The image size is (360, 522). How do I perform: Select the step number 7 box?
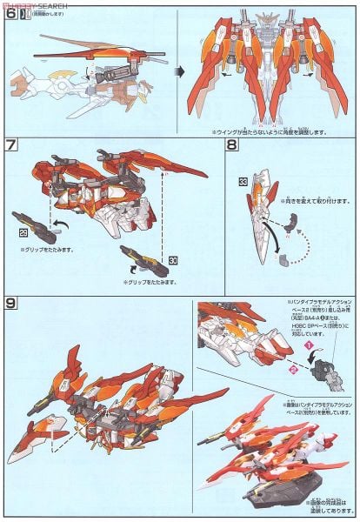coord(12,146)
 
